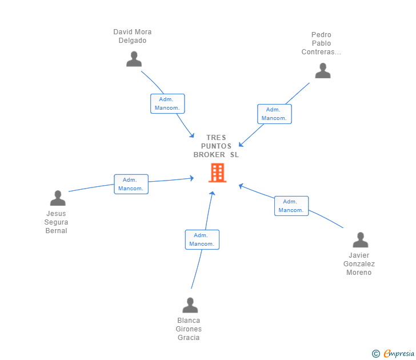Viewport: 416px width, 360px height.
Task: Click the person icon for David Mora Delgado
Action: tap(134, 59)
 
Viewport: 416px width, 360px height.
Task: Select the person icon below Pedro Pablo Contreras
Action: tap(323, 70)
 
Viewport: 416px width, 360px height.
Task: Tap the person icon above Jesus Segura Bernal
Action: tap(58, 198)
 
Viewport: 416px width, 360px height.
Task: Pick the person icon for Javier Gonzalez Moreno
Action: tap(361, 240)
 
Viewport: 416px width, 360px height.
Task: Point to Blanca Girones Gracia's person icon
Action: tap(190, 305)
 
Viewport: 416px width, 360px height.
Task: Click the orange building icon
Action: tap(218, 173)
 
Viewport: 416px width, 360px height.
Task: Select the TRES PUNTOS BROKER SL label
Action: tap(216, 146)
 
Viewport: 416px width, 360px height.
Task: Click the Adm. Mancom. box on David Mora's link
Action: tap(167, 104)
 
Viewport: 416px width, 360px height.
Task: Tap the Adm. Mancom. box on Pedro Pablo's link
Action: tap(274, 114)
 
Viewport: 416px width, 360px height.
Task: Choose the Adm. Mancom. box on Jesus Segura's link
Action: tap(131, 184)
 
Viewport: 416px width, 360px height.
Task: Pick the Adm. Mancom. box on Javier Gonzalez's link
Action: tap(291, 206)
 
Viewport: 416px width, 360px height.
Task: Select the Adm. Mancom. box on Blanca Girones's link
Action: tap(202, 239)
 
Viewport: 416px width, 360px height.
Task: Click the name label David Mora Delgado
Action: tap(133, 36)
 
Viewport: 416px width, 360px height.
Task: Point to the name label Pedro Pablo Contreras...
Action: tap(321, 43)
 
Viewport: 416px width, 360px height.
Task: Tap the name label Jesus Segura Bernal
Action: tap(56, 222)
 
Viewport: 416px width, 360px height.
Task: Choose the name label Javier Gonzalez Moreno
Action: tap(359, 263)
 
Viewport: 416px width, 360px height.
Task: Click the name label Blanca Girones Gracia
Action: tap(189, 329)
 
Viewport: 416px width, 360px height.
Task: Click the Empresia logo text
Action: tap(399, 353)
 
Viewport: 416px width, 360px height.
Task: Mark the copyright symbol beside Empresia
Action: tap(376, 354)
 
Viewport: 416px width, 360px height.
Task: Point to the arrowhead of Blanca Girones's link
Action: tap(212, 193)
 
